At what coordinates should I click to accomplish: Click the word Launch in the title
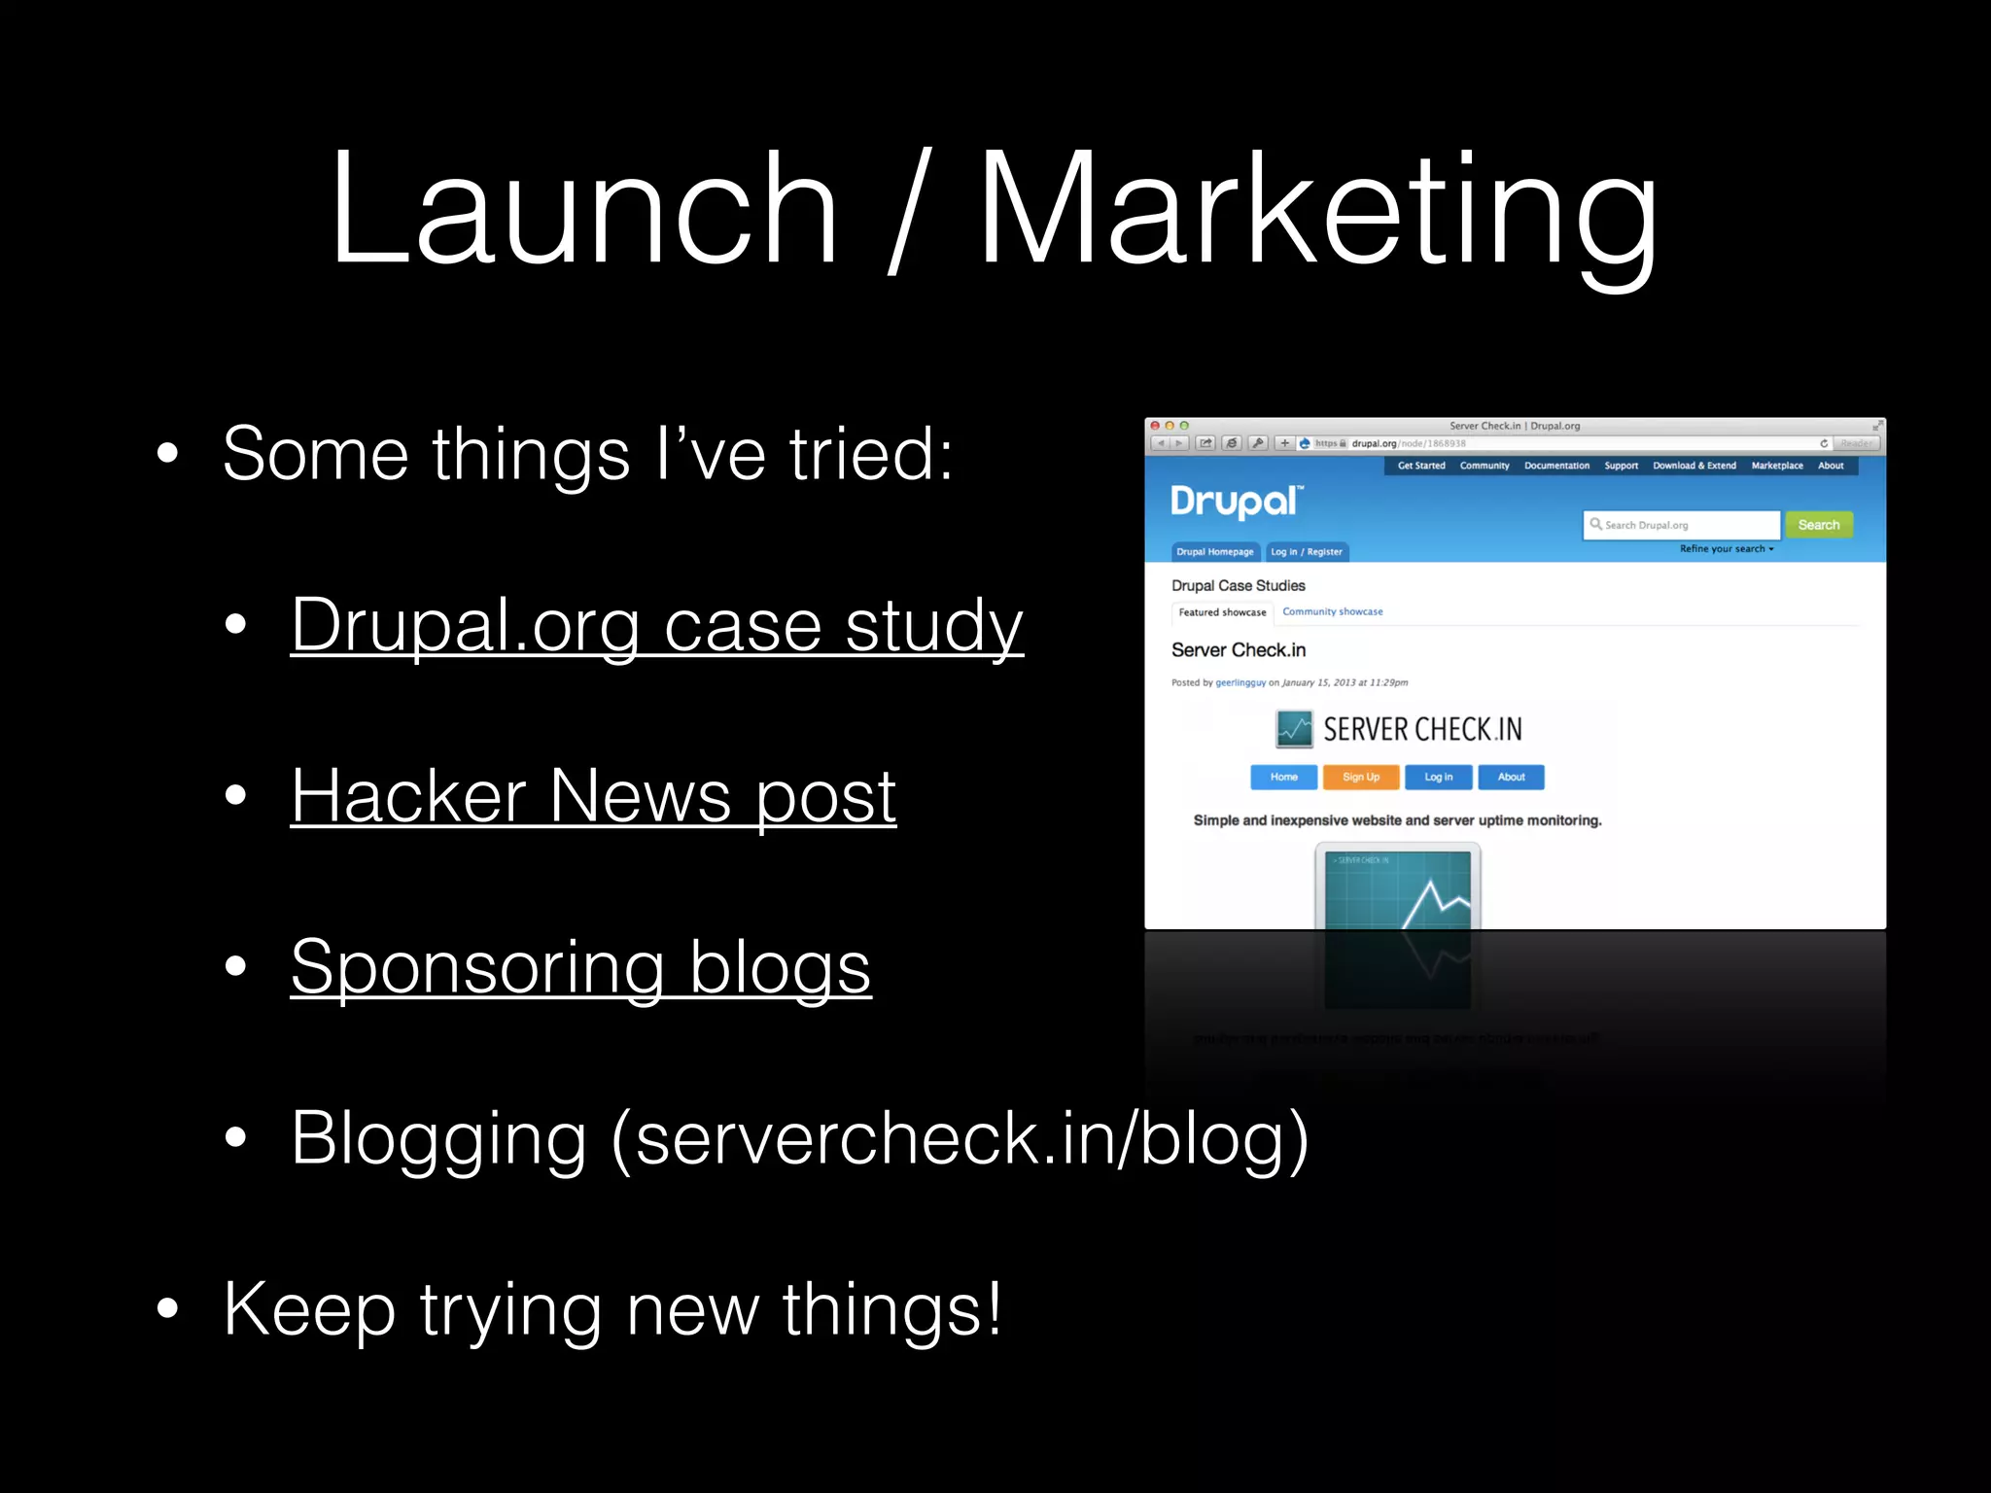pos(583,209)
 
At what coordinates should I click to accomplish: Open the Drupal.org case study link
pos(656,625)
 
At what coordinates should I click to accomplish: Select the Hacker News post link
pos(593,796)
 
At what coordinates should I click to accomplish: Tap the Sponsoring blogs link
pos(580,967)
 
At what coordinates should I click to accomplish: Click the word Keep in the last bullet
pos(309,1309)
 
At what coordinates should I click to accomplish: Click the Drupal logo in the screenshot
pos(1236,502)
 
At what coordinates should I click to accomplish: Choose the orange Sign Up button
pos(1360,777)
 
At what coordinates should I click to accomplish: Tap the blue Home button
pos(1283,777)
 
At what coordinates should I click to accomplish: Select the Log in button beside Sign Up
pos(1438,777)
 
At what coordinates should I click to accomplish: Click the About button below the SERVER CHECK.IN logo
pos(1511,777)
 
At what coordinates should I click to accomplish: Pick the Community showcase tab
pos(1332,611)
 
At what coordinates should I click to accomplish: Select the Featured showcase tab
pos(1222,612)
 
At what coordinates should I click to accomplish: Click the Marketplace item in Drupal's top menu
pos(1777,466)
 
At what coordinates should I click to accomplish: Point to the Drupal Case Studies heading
pos(1238,585)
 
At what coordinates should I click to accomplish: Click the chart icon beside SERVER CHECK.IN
pos(1294,729)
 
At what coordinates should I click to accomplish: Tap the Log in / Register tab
pos(1306,552)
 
